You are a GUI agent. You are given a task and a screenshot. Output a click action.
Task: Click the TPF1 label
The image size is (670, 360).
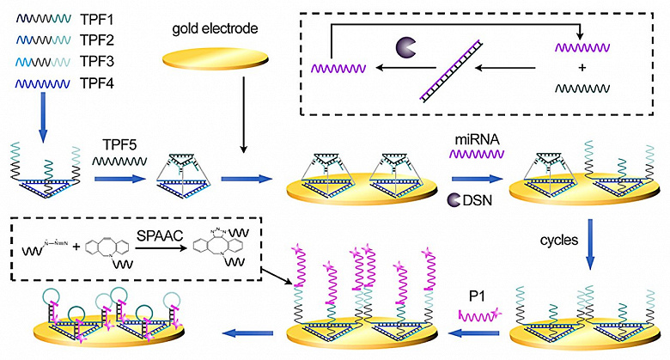96,19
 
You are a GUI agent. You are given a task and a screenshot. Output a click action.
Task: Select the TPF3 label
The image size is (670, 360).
96,62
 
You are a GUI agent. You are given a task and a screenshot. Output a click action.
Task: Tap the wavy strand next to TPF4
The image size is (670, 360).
43,83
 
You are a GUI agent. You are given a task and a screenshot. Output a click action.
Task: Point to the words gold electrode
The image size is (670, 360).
215,28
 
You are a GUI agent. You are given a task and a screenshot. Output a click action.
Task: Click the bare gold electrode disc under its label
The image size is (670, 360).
216,58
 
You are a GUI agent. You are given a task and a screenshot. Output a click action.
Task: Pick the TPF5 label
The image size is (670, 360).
119,144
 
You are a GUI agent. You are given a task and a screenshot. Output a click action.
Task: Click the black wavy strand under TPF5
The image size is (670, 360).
119,162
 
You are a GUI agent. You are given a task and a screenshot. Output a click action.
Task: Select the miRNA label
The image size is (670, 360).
477,139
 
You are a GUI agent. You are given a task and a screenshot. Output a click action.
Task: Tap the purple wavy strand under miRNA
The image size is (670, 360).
477,154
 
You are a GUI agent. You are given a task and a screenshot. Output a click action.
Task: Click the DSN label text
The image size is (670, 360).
478,200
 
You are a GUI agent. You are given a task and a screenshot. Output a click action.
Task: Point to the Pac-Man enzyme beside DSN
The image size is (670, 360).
454,200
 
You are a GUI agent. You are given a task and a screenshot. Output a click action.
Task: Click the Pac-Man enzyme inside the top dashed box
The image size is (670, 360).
405,47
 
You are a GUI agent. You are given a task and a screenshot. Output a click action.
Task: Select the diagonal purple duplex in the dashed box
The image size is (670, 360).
451,71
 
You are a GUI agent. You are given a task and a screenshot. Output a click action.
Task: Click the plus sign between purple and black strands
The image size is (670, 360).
582,68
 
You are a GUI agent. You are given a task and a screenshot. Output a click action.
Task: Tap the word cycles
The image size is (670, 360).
559,241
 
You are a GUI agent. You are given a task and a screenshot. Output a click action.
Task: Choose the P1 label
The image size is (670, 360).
477,296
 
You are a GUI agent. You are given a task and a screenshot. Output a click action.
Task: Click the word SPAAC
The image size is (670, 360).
160,235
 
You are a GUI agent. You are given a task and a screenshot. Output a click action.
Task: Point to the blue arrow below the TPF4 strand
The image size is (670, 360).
43,118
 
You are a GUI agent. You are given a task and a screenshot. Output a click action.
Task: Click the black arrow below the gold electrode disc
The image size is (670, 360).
244,115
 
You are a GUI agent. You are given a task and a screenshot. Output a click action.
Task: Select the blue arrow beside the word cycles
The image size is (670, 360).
590,245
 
